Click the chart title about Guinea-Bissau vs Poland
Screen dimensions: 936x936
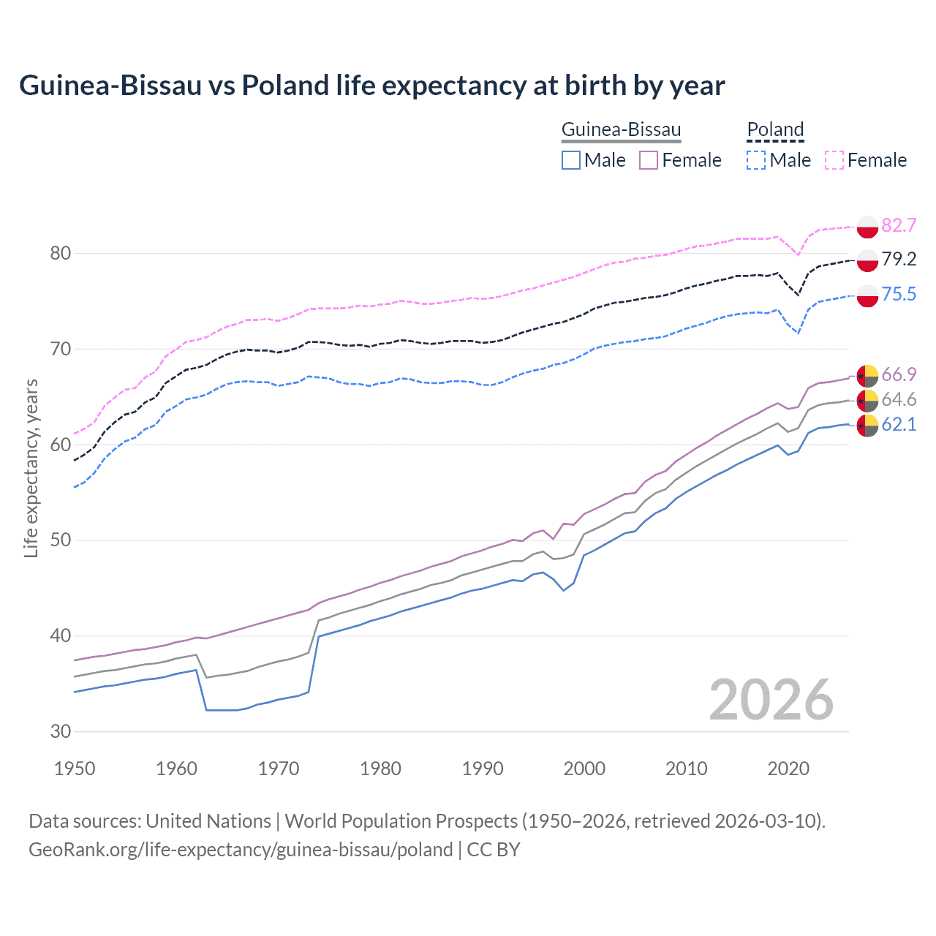click(x=371, y=86)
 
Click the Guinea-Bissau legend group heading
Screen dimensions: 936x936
click(x=621, y=130)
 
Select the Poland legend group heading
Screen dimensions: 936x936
click(x=775, y=130)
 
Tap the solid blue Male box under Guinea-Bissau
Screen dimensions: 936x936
click(x=571, y=160)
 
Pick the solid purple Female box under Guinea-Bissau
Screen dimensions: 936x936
click(x=649, y=160)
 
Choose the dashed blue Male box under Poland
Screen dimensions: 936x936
click(x=756, y=160)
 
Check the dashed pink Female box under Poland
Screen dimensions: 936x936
click(x=834, y=160)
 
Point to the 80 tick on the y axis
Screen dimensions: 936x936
click(x=61, y=254)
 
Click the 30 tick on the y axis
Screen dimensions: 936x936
click(x=61, y=731)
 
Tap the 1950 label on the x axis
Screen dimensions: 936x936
click(x=75, y=769)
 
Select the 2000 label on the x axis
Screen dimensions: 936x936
click(x=584, y=769)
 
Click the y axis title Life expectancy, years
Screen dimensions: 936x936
click(x=31, y=468)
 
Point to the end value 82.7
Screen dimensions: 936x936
click(x=899, y=225)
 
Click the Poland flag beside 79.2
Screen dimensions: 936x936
click(x=867, y=260)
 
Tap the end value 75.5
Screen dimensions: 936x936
click(x=899, y=294)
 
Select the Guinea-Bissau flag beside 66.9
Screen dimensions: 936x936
click(x=867, y=375)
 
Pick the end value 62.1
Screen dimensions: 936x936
click(x=899, y=425)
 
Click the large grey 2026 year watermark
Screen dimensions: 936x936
click(x=771, y=700)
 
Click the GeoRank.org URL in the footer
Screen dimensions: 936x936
click(x=241, y=850)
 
